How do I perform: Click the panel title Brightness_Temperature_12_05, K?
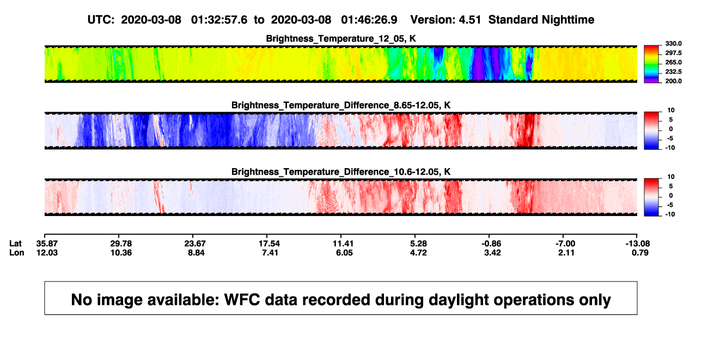341,39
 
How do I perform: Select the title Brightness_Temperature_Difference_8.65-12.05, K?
341,105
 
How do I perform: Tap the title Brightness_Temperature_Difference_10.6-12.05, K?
341,172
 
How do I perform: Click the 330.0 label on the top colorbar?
673,44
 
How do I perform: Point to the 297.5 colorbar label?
673,53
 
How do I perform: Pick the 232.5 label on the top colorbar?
673,72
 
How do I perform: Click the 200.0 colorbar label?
673,81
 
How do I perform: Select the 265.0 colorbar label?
673,62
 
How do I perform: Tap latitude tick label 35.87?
47,244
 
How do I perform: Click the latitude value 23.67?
195,244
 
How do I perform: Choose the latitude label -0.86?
491,244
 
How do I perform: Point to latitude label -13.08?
638,244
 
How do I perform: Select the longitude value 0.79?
640,253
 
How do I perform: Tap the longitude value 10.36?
121,253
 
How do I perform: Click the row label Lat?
15,244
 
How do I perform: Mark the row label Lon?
16,253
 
